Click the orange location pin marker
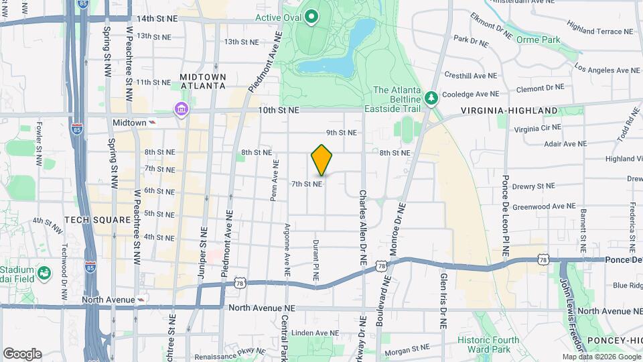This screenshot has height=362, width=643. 321,160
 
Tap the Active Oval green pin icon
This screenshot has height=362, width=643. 311,16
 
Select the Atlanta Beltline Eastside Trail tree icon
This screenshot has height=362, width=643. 432,97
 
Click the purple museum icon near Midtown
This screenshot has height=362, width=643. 180,109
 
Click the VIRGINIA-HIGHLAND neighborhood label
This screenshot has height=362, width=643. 509,110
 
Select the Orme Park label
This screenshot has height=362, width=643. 538,40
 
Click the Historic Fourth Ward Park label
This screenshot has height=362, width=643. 488,345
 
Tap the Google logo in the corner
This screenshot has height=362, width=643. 22,354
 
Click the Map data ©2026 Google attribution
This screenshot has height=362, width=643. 601,357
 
